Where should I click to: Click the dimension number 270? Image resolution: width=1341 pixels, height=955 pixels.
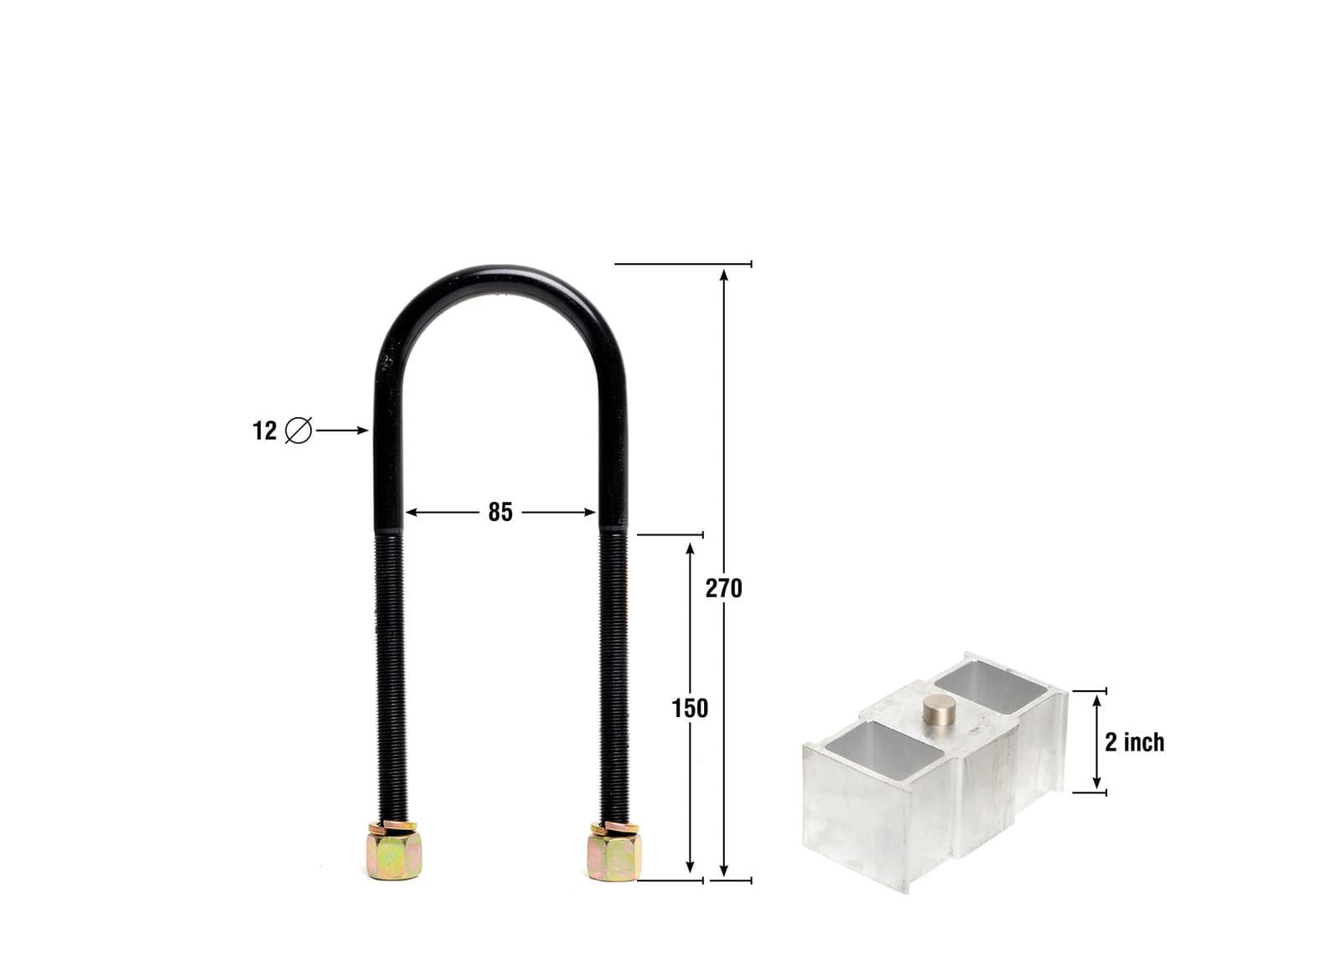pyautogui.click(x=723, y=589)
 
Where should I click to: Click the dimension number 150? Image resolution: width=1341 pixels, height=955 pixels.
pyautogui.click(x=690, y=709)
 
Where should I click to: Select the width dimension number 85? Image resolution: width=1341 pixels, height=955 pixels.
pyautogui.click(x=500, y=512)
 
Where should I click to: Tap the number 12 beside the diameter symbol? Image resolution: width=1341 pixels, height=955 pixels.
pyautogui.click(x=264, y=431)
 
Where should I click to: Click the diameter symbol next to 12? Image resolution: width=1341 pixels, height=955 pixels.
pyautogui.click(x=298, y=431)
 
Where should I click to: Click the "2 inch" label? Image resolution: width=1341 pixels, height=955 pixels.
pyautogui.click(x=1134, y=742)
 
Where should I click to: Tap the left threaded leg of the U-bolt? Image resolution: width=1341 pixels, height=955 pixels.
pyautogui.click(x=389, y=670)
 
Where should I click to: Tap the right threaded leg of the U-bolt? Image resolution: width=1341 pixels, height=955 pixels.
pyautogui.click(x=614, y=670)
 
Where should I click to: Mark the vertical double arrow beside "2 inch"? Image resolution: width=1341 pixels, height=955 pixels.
pyautogui.click(x=1096, y=742)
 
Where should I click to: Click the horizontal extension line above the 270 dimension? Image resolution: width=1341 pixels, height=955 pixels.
pyautogui.click(x=683, y=264)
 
